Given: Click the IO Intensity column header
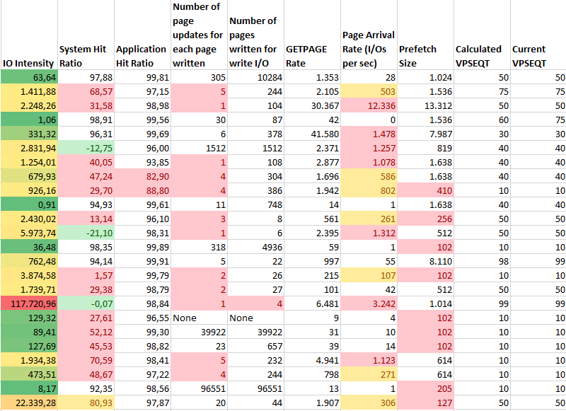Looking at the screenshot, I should [x=28, y=63].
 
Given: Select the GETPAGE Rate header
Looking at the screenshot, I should [x=306, y=63].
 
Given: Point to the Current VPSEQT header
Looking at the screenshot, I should [x=529, y=56].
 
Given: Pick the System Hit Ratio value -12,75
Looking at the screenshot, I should [x=85, y=148].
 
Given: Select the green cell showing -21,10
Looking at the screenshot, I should [x=85, y=233].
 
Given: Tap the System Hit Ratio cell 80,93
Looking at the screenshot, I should [x=85, y=403].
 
